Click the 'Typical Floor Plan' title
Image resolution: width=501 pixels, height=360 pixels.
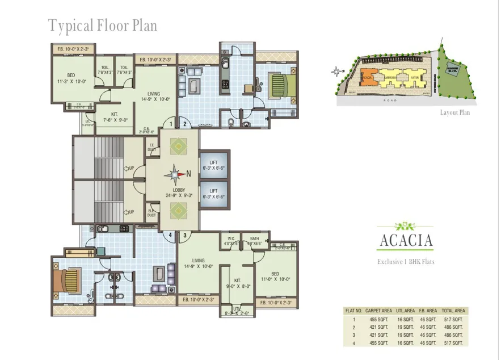click(102, 26)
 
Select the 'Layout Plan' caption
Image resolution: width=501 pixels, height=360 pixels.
click(454, 112)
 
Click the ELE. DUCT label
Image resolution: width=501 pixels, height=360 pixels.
click(151, 213)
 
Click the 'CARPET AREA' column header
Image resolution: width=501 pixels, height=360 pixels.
click(378, 311)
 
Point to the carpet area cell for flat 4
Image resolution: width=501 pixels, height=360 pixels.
click(378, 343)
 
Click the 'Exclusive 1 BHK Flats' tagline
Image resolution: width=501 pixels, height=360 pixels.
click(406, 262)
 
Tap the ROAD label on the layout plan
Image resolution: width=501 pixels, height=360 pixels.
click(390, 100)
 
